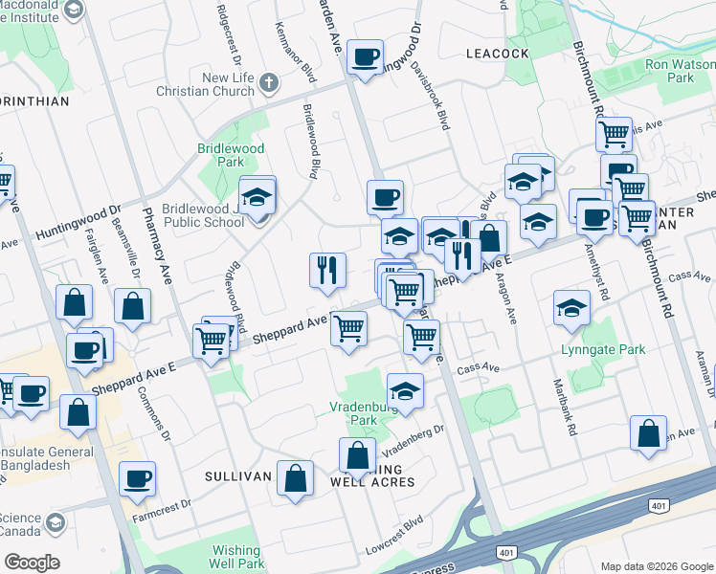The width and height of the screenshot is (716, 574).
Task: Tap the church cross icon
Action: pyautogui.click(x=269, y=82)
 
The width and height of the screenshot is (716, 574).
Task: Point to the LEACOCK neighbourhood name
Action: pyautogui.click(x=497, y=55)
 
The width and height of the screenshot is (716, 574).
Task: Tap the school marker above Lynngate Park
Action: pyautogui.click(x=571, y=309)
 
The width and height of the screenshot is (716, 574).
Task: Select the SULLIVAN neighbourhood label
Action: pyautogui.click(x=233, y=475)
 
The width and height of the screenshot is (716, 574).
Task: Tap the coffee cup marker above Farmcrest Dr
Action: pyautogui.click(x=137, y=477)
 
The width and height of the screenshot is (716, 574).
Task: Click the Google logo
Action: pyautogui.click(x=32, y=563)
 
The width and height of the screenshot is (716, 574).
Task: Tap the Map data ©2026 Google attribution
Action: pyautogui.click(x=655, y=566)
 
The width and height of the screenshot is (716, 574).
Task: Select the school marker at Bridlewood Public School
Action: pyautogui.click(x=257, y=197)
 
